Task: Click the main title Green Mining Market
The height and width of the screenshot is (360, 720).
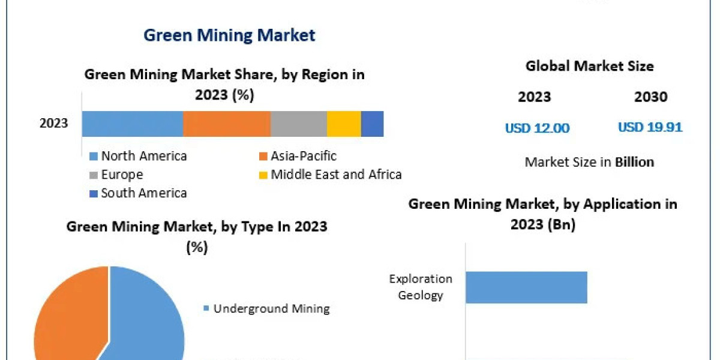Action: click(229, 35)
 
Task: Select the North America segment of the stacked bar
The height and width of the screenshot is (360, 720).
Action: click(132, 124)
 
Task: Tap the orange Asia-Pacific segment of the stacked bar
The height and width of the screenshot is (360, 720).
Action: click(226, 124)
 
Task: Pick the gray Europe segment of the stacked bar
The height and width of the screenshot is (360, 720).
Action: click(298, 124)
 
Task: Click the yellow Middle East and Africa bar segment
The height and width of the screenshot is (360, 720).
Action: click(344, 124)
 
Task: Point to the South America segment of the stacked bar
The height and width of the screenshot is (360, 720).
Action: click(372, 124)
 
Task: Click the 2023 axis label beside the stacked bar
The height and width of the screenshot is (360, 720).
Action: click(54, 124)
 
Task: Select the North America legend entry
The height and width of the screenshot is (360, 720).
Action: click(143, 156)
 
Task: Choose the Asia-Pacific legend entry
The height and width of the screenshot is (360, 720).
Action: click(303, 156)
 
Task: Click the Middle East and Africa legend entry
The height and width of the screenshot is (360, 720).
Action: click(335, 175)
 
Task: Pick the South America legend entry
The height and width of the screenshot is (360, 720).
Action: click(143, 193)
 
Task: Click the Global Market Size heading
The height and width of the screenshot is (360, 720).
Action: click(589, 66)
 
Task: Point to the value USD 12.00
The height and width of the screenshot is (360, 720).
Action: click(537, 128)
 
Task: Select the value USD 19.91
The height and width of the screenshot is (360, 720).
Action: click(650, 127)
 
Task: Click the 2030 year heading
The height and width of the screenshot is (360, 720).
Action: click(650, 97)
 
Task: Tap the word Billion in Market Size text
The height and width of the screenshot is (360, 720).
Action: click(634, 162)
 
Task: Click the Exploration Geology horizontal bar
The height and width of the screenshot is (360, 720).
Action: click(526, 287)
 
